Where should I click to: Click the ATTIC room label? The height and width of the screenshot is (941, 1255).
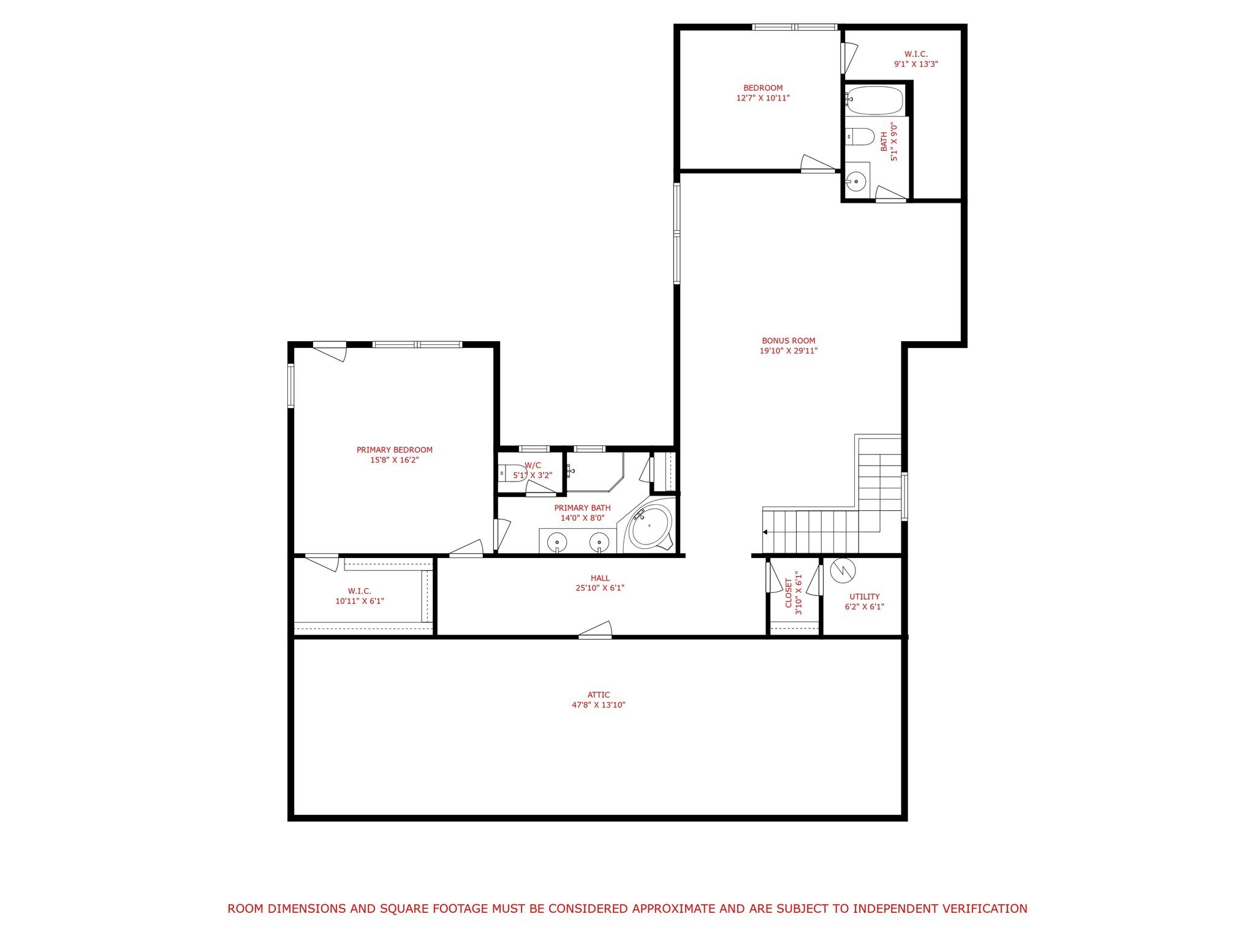598,695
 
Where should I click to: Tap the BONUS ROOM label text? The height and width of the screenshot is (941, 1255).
788,341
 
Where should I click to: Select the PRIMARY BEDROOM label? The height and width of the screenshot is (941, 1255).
395,450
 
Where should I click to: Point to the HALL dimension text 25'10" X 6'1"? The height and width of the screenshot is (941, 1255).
600,588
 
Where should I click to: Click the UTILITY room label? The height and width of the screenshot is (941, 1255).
864,597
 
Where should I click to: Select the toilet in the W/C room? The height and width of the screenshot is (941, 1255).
513,472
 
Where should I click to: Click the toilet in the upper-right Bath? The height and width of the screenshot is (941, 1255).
860,137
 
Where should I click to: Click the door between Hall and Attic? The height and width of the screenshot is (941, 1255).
596,630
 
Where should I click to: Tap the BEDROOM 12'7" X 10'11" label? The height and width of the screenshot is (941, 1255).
763,93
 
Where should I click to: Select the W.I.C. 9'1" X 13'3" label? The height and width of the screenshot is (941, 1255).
916,59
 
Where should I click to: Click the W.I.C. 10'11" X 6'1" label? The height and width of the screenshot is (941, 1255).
360,596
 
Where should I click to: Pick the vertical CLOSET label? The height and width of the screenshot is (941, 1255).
789,594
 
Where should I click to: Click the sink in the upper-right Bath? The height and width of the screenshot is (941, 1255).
856,181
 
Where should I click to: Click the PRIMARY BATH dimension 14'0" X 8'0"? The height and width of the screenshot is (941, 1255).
583,518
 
